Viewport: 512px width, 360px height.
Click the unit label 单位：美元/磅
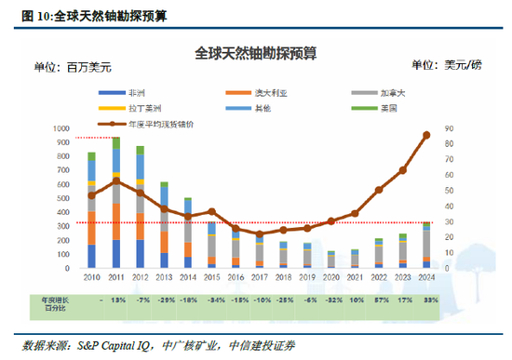click(x=448, y=65)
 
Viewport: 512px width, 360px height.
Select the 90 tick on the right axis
click(x=449, y=128)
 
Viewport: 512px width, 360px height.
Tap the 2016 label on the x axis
click(x=236, y=277)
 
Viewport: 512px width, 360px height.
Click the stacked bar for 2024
click(x=426, y=247)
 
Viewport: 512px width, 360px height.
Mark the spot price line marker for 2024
click(x=426, y=135)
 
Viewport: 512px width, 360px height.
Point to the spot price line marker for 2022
click(x=379, y=190)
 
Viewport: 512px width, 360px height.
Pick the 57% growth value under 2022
click(x=379, y=300)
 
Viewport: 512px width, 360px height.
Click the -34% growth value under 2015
click(x=211, y=300)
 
